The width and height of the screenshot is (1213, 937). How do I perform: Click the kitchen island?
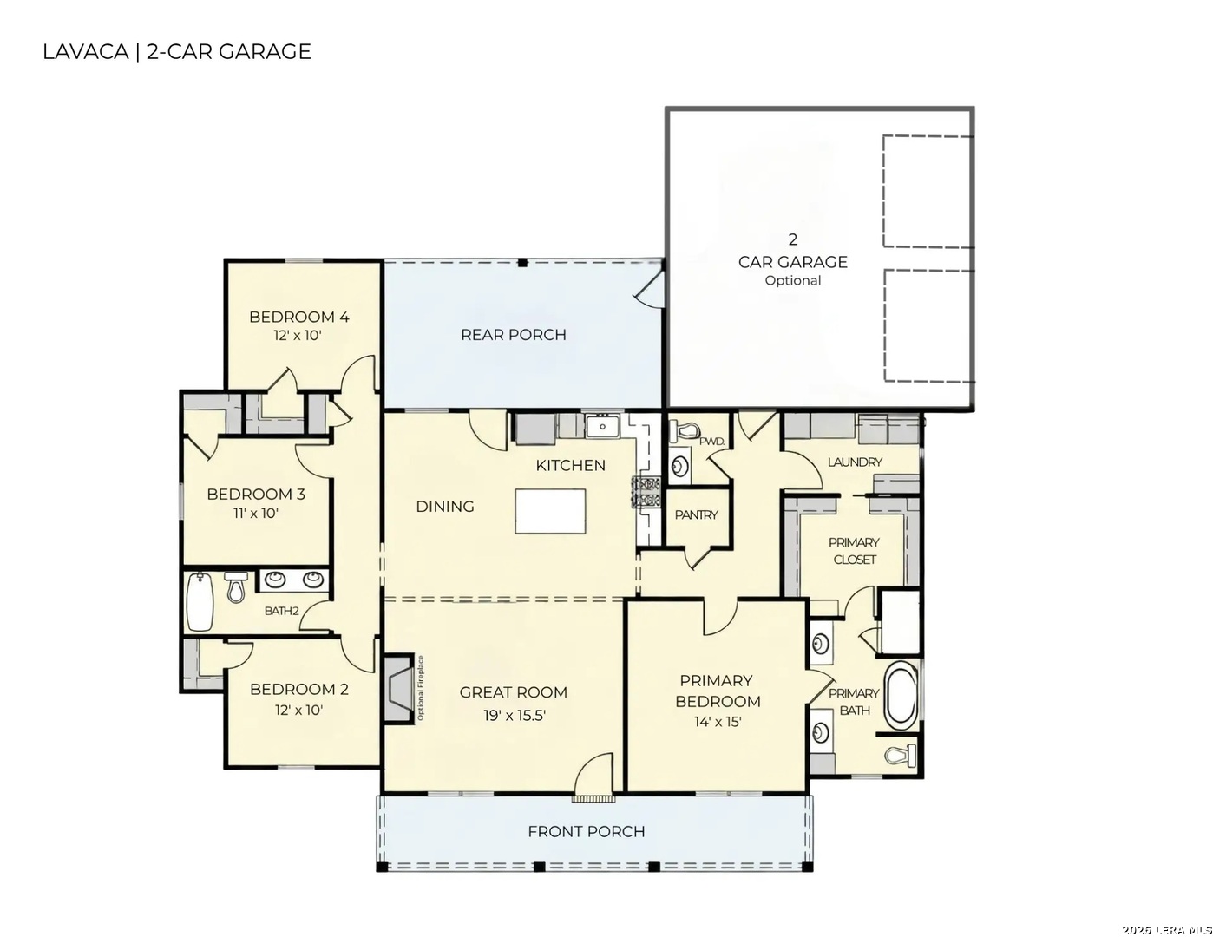point(550,511)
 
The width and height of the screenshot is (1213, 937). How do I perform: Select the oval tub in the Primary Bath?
point(901,694)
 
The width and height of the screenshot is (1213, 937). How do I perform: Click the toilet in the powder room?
point(685,429)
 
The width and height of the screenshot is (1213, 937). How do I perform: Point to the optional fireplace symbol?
point(398,689)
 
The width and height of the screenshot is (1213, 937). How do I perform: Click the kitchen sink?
point(602,427)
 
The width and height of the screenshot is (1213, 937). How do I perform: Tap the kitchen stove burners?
point(646,492)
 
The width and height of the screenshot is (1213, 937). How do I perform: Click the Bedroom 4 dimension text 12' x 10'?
point(298,336)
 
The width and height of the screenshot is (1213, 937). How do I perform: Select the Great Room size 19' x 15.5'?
point(514,716)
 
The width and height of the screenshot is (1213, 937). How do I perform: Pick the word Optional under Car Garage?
point(793,280)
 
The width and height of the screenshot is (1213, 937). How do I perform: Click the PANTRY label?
point(696,514)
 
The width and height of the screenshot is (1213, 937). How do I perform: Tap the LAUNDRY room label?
point(855,462)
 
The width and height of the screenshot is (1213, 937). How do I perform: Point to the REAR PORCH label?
point(514,335)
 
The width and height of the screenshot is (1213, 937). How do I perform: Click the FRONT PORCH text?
point(587,831)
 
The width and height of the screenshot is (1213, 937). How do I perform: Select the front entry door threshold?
point(593,799)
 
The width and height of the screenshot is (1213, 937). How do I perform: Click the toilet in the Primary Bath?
point(901,755)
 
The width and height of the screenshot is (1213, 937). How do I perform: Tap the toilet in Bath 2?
point(235,587)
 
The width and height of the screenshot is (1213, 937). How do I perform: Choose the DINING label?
point(445,507)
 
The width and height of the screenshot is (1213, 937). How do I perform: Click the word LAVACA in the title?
point(86,51)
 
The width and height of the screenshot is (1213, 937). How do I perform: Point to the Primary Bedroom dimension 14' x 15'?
point(718,722)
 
